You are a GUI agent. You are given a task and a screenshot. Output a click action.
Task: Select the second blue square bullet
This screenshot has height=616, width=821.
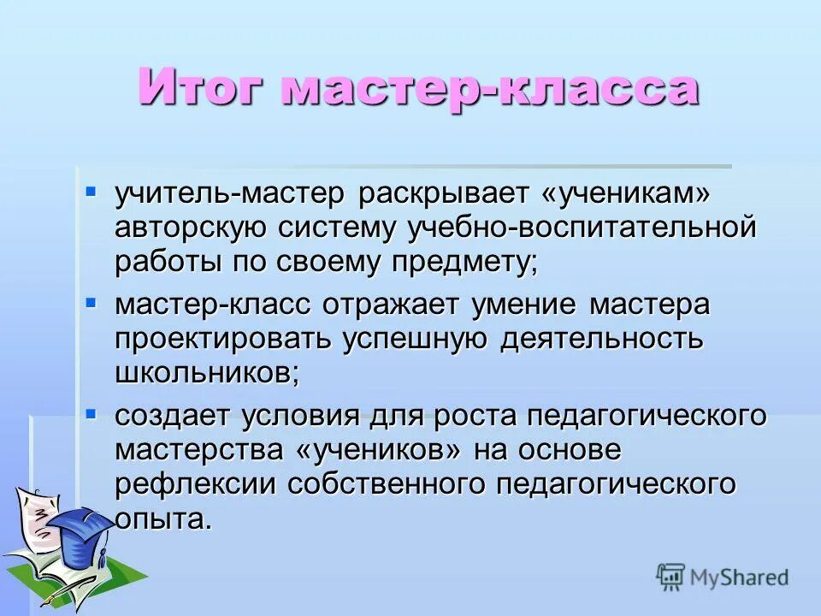[x=92, y=301]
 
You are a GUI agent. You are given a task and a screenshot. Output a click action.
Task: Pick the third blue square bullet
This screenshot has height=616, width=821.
[x=92, y=412]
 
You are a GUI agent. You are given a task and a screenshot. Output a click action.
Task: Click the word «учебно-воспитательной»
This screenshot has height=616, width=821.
[x=582, y=228]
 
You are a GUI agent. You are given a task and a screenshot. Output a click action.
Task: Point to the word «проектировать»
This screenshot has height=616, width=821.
[x=223, y=338]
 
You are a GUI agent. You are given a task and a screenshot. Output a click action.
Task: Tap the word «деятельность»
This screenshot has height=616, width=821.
[x=602, y=338]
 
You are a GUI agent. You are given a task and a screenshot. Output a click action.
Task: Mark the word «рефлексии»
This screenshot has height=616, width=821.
[x=196, y=483]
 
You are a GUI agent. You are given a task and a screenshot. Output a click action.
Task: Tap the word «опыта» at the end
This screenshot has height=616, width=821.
[x=162, y=518]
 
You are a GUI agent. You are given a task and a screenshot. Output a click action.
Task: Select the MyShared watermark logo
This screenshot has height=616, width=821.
[x=723, y=577]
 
